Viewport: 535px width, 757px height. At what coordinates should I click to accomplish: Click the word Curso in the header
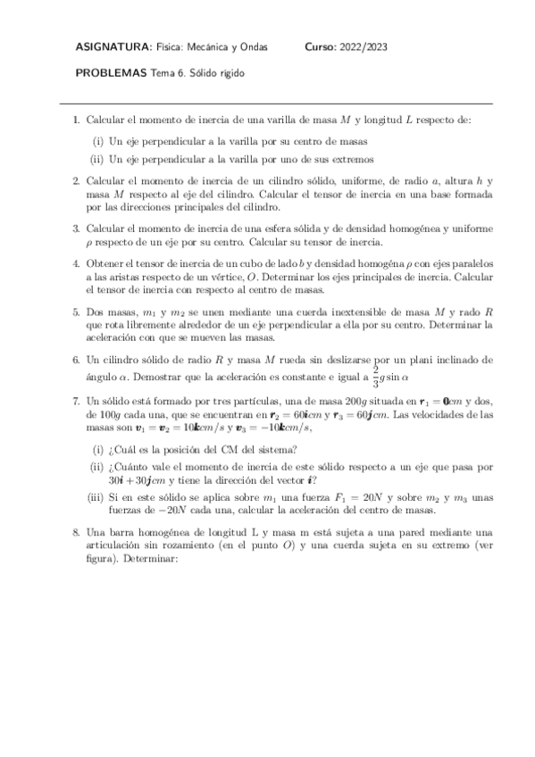[321, 46]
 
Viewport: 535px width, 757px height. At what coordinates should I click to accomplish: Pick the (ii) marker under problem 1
[97, 160]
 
